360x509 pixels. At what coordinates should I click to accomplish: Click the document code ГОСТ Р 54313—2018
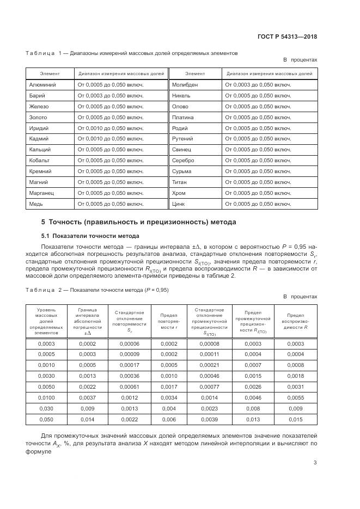click(288, 37)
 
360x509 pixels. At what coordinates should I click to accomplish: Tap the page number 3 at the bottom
click(315, 463)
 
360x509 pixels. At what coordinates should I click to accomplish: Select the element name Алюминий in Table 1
click(42, 85)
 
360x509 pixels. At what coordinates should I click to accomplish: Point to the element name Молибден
click(185, 85)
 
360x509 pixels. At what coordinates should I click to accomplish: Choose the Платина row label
click(182, 117)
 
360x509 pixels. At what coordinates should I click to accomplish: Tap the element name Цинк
click(178, 204)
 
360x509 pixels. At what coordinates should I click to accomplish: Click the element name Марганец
click(42, 193)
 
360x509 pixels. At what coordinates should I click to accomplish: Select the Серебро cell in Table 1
click(183, 161)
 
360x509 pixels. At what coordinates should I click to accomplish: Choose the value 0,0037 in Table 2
click(87, 398)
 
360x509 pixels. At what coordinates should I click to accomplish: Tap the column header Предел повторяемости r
click(168, 321)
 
